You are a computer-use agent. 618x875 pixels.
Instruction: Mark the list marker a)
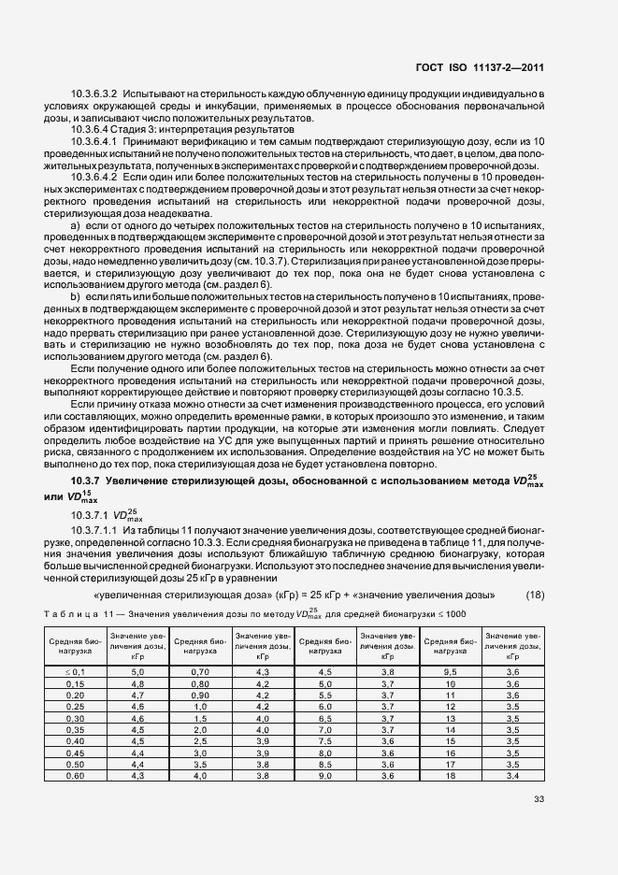[x=77, y=226]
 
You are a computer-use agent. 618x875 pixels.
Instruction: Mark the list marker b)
[x=77, y=295]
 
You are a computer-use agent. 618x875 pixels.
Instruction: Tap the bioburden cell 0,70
[x=198, y=672]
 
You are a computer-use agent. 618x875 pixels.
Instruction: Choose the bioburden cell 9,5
[x=450, y=672]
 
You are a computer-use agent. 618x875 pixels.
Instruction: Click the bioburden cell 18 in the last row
[x=450, y=775]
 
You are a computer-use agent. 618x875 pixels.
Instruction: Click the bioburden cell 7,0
[x=325, y=729]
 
